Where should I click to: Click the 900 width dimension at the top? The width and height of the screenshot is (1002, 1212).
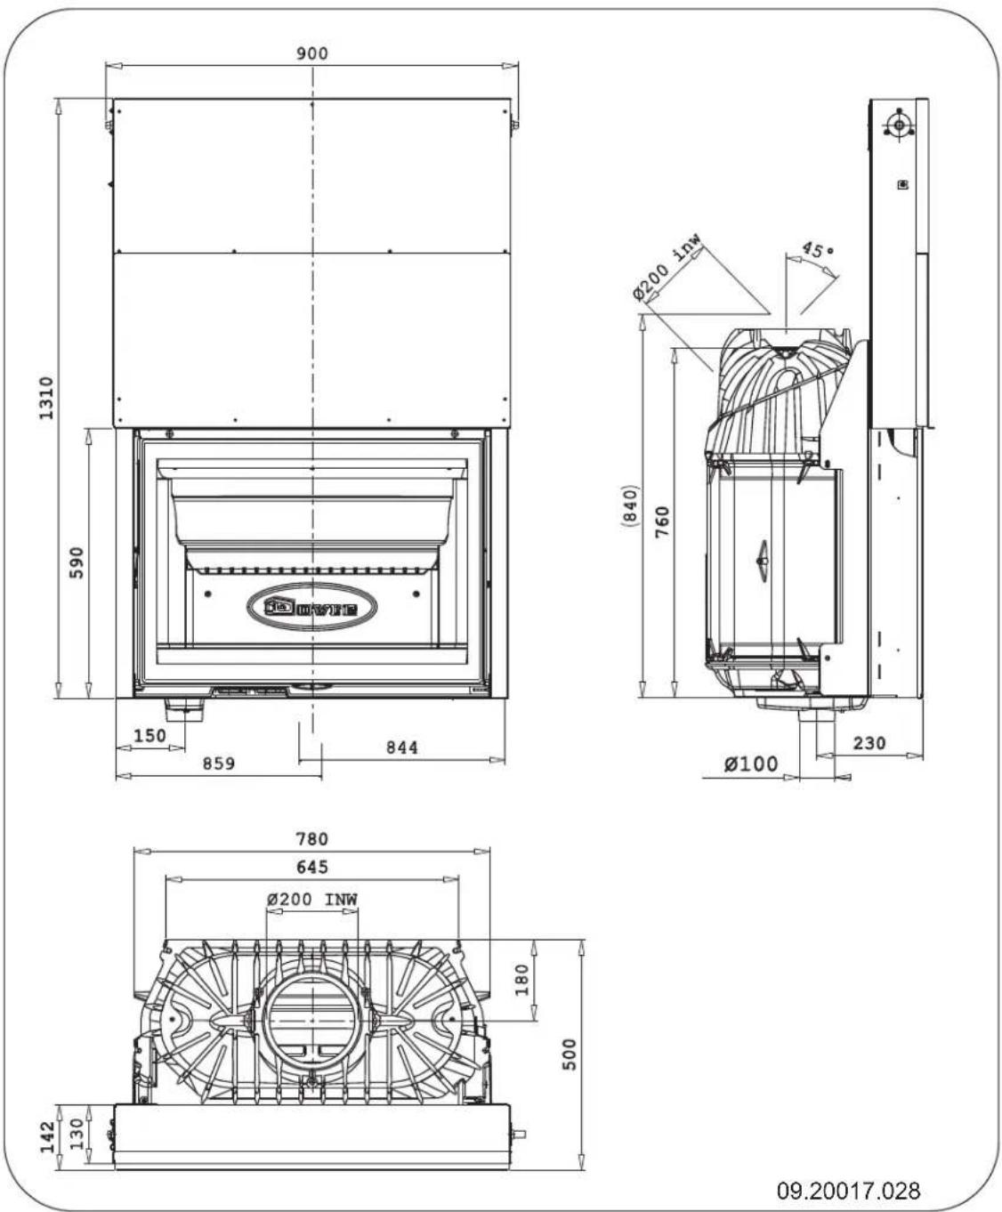point(311,53)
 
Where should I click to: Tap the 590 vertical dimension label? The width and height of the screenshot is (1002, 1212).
point(77,563)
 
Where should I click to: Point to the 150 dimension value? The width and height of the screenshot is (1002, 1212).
point(149,736)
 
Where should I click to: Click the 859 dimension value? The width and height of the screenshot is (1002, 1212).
point(218,764)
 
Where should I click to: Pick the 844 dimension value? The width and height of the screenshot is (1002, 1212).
point(401,747)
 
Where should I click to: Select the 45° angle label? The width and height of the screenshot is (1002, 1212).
point(818,251)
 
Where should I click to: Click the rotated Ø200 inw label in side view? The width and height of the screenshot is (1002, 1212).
point(667,270)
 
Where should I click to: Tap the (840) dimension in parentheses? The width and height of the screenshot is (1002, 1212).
point(630,506)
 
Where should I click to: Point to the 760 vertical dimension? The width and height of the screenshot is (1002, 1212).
point(662,521)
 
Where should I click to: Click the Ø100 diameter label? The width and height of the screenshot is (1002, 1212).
point(750,764)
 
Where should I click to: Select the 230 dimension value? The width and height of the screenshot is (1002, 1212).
point(869,742)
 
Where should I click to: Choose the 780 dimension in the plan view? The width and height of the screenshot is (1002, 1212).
point(311,839)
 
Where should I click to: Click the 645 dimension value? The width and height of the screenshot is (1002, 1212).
point(311,867)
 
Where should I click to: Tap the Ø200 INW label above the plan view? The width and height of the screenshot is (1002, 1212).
point(311,899)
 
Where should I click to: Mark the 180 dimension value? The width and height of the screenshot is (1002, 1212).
point(521,979)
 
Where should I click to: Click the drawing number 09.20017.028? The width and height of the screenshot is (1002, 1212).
point(849,1190)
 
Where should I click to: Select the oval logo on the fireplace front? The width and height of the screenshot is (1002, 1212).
point(311,608)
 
